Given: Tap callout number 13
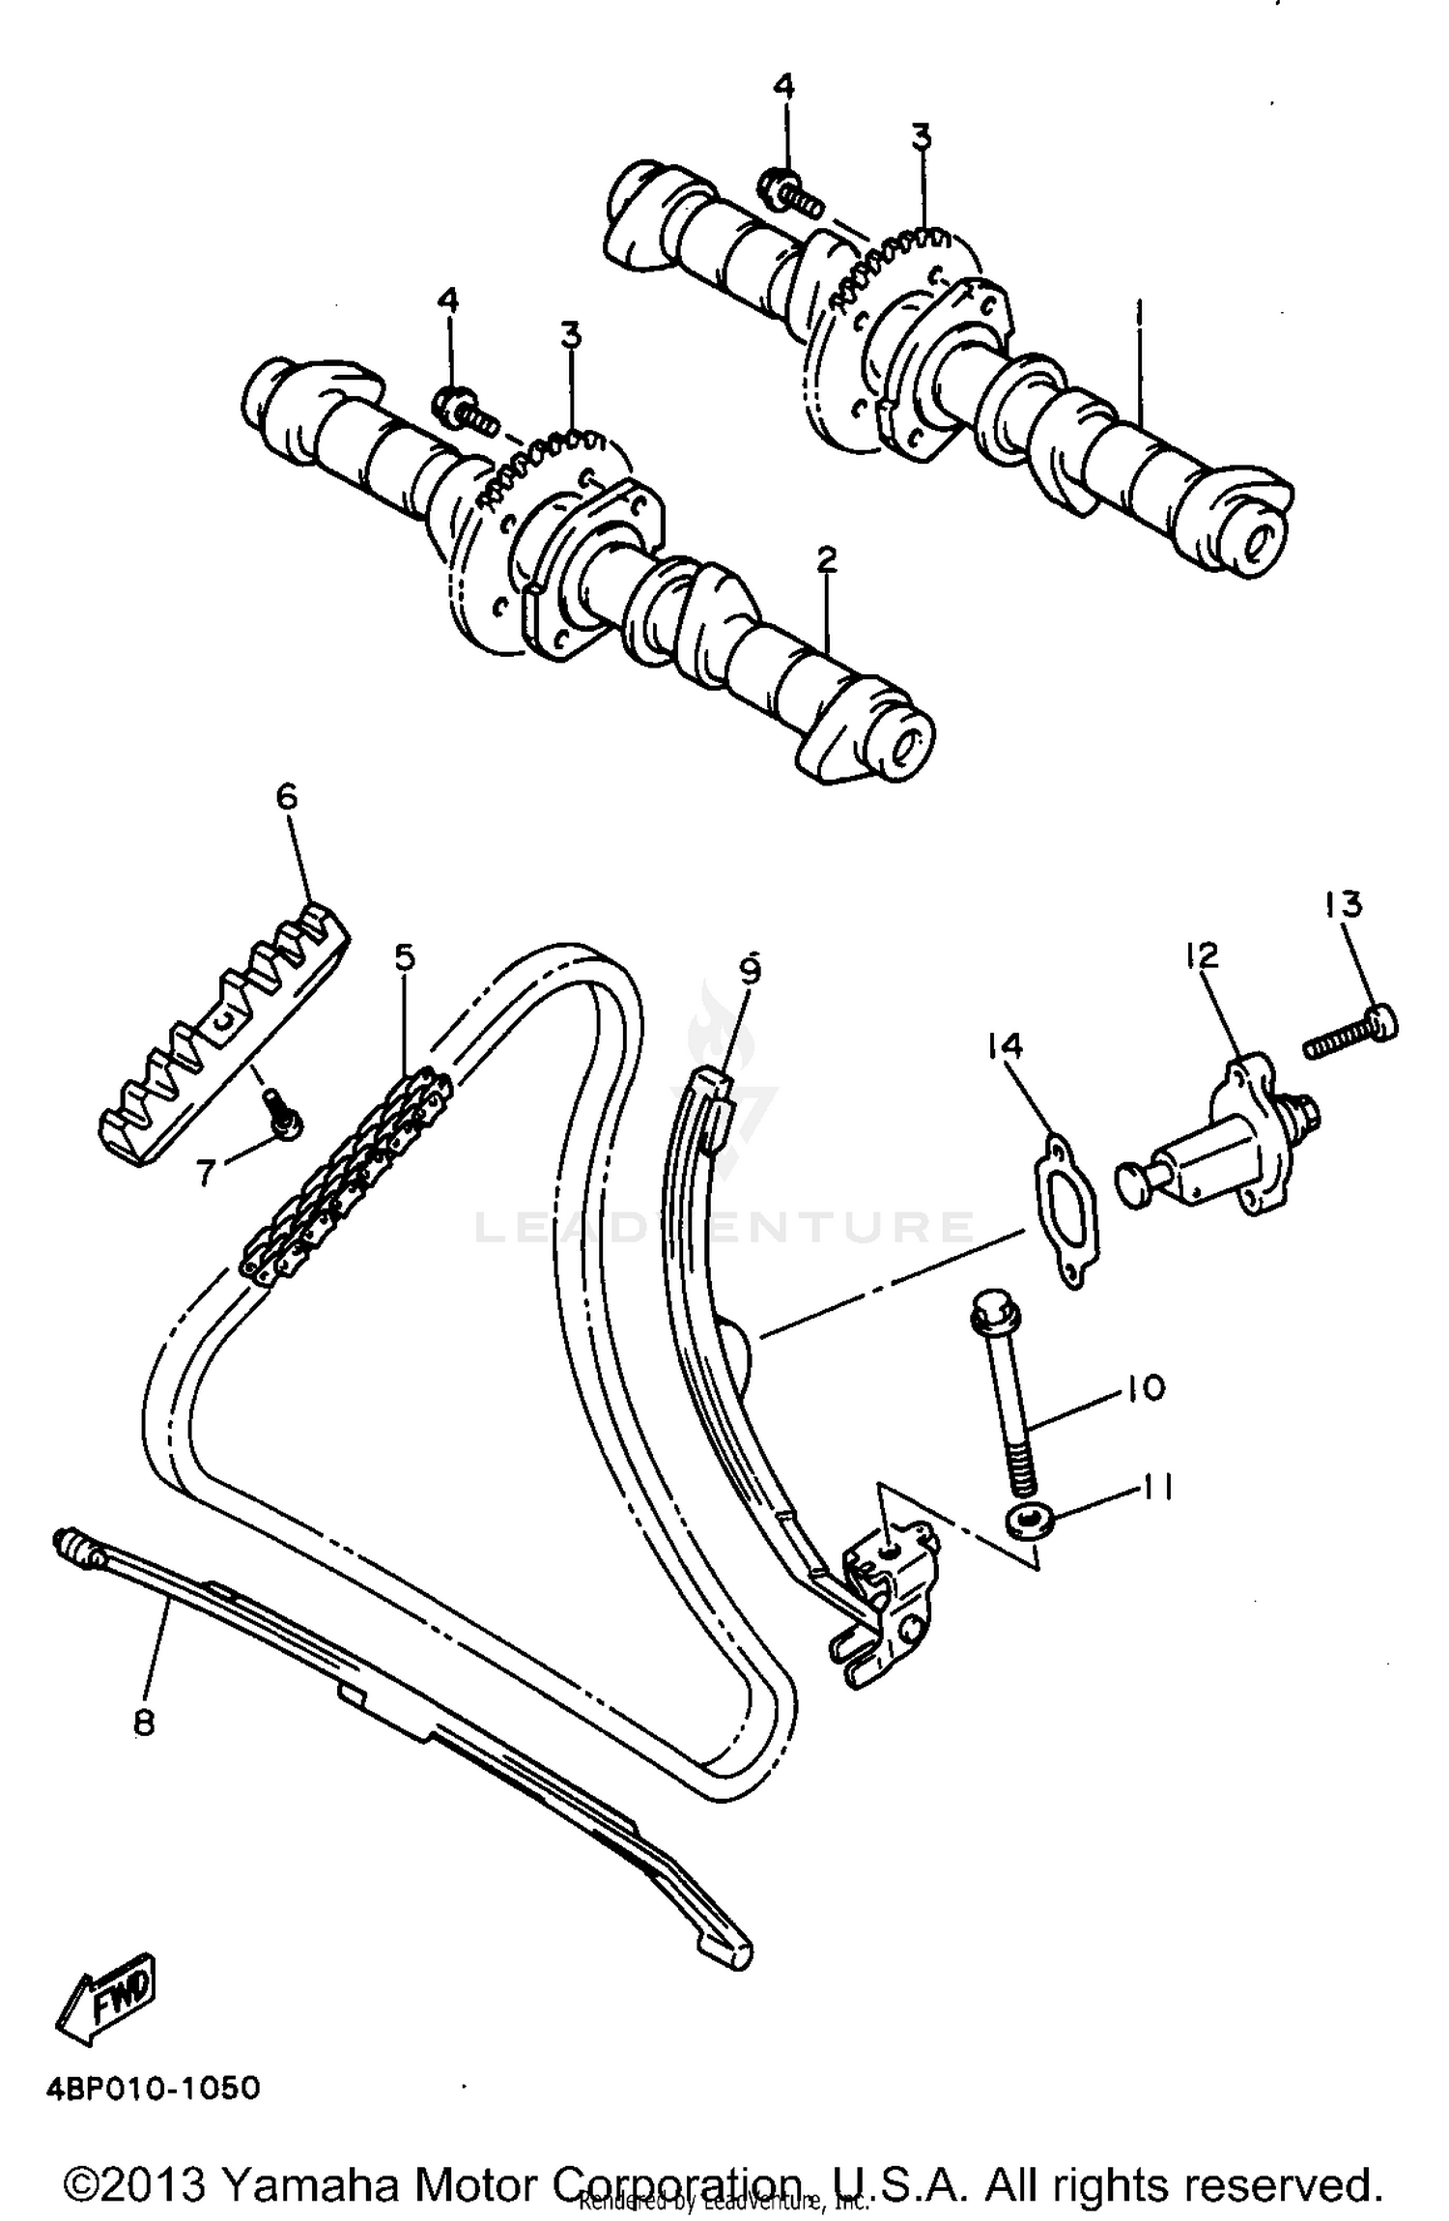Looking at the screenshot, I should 1344,904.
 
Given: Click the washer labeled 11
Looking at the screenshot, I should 1030,1523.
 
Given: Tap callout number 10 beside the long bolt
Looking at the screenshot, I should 1146,1388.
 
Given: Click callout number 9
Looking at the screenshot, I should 751,967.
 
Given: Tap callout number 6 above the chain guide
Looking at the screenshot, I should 287,798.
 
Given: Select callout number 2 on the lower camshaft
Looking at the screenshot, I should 826,559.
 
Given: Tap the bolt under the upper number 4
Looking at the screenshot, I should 792,190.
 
